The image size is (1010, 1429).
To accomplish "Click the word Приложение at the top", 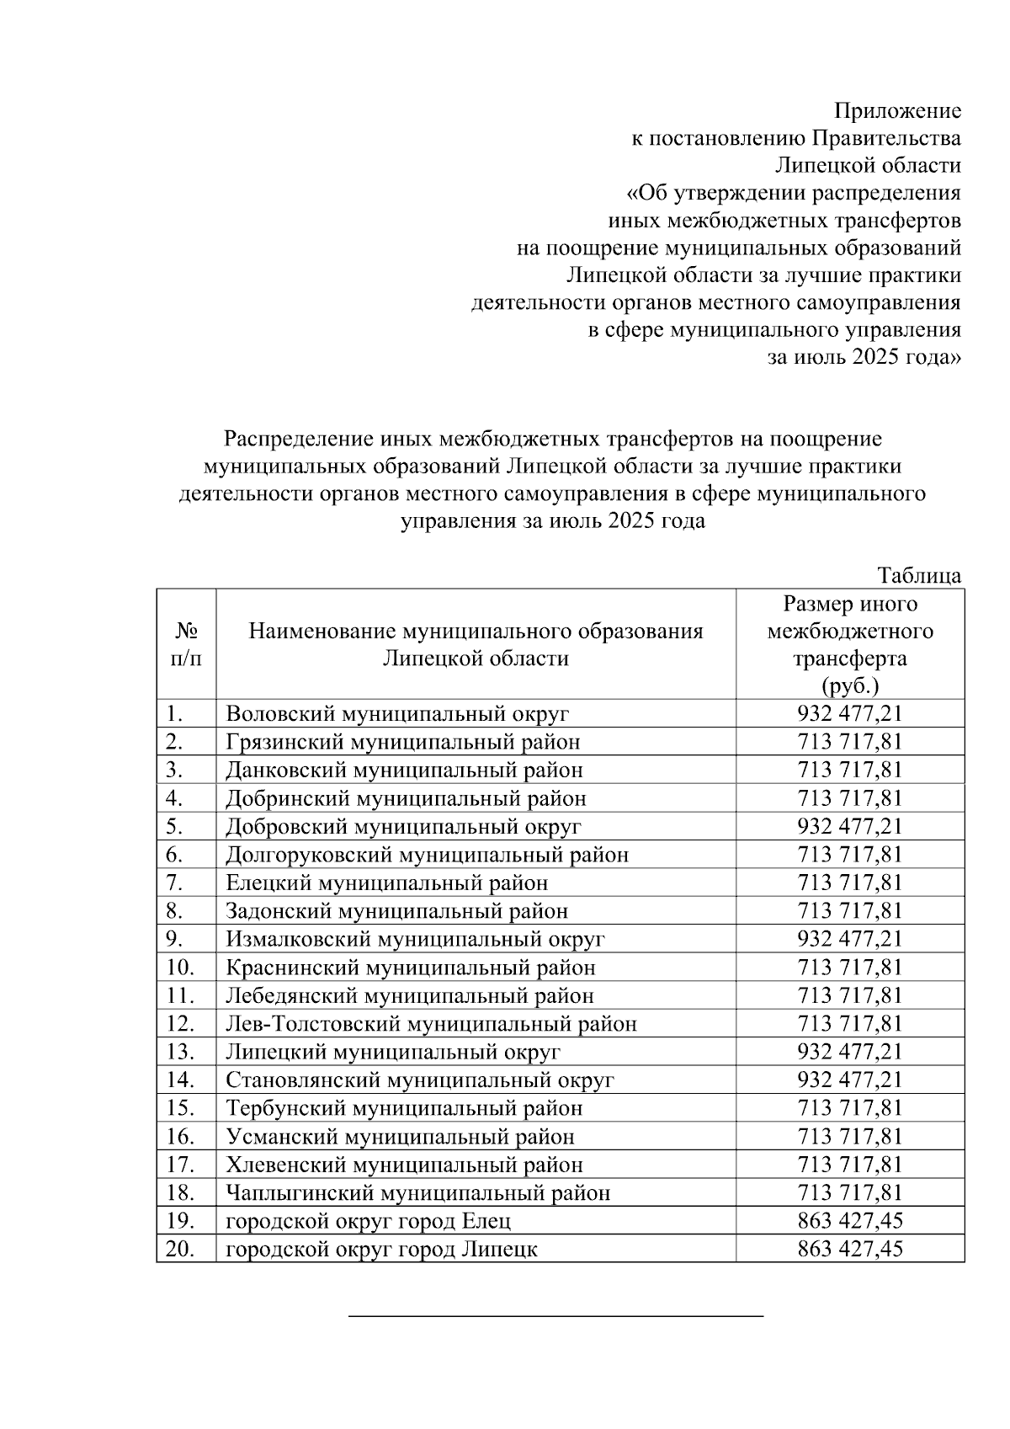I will point(897,110).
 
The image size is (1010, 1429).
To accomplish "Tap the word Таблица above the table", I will point(919,576).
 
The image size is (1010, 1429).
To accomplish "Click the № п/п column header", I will point(186,644).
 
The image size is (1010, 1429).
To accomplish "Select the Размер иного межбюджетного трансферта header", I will point(850,644).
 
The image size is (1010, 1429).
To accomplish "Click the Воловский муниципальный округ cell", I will point(397,714).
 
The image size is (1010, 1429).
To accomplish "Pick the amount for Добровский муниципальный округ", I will point(850,827).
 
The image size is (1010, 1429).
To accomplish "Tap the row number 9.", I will point(174,939).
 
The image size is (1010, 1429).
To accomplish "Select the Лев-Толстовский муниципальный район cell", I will point(431,1024).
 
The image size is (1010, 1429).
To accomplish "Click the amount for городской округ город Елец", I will point(850,1221).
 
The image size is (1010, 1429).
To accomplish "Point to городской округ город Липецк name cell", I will point(381,1250).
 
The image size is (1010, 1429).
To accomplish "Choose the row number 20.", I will point(179,1250).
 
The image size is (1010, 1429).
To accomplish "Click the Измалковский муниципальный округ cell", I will point(415,939).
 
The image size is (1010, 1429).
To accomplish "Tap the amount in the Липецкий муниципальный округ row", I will point(850,1052).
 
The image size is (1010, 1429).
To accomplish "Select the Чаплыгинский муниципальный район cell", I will point(418,1193).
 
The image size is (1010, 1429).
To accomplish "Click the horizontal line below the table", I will point(555,1314).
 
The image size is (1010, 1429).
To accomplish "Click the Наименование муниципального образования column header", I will point(476,644).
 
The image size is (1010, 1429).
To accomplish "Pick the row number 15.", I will point(179,1108).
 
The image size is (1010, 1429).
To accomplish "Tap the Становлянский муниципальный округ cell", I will point(420,1080).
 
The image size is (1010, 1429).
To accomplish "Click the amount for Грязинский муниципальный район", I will point(850,742).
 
